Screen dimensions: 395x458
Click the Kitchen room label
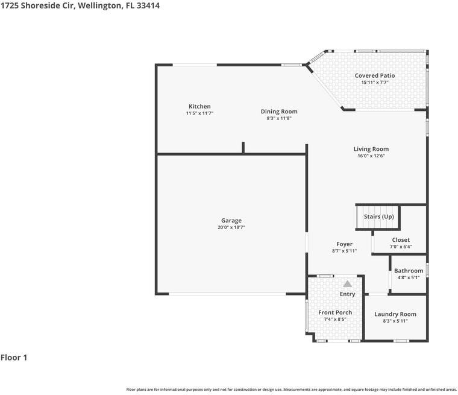click(x=199, y=107)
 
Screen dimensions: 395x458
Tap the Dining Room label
click(x=279, y=112)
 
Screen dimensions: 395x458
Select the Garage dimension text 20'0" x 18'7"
click(x=231, y=227)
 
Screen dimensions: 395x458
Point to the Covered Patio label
click(x=375, y=76)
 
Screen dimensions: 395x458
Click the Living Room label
click(x=371, y=149)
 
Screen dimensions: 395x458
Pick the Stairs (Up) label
click(x=379, y=216)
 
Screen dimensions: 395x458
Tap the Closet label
click(x=401, y=240)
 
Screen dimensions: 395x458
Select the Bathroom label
click(x=409, y=271)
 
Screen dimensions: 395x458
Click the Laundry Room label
click(x=395, y=314)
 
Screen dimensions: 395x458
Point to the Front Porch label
click(x=335, y=312)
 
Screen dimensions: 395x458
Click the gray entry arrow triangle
click(x=348, y=283)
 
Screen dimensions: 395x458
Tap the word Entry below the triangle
click(x=348, y=294)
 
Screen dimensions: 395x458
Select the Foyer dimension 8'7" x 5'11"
click(x=345, y=251)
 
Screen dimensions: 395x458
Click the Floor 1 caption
click(x=14, y=358)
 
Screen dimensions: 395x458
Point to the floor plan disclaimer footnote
click(x=291, y=389)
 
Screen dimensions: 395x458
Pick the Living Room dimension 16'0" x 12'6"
click(x=371, y=156)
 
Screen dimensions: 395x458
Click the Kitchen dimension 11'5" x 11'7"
click(x=199, y=113)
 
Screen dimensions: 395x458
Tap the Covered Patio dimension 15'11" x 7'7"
click(x=375, y=83)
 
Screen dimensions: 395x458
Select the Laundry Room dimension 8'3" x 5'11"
click(x=395, y=321)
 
